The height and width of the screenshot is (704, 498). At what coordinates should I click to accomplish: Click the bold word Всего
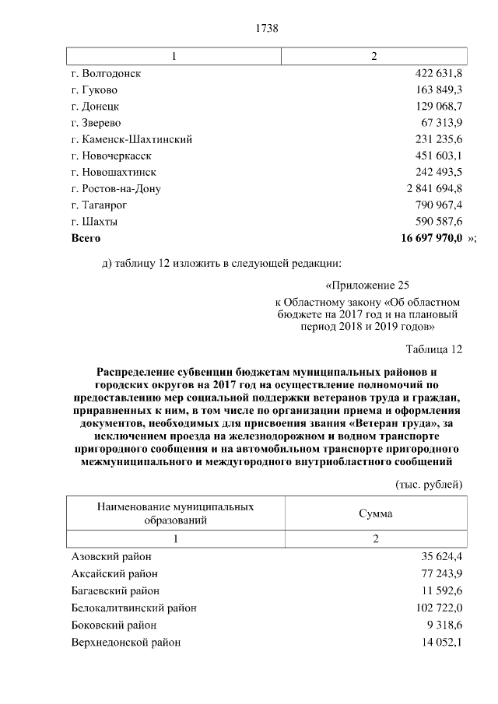tap(86, 237)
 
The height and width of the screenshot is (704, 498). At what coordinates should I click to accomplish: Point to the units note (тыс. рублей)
tap(430, 484)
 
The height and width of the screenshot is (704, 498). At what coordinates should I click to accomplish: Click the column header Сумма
tap(375, 513)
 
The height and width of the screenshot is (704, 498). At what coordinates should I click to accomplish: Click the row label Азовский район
tap(111, 556)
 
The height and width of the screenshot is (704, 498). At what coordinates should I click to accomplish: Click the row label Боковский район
tap(114, 625)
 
